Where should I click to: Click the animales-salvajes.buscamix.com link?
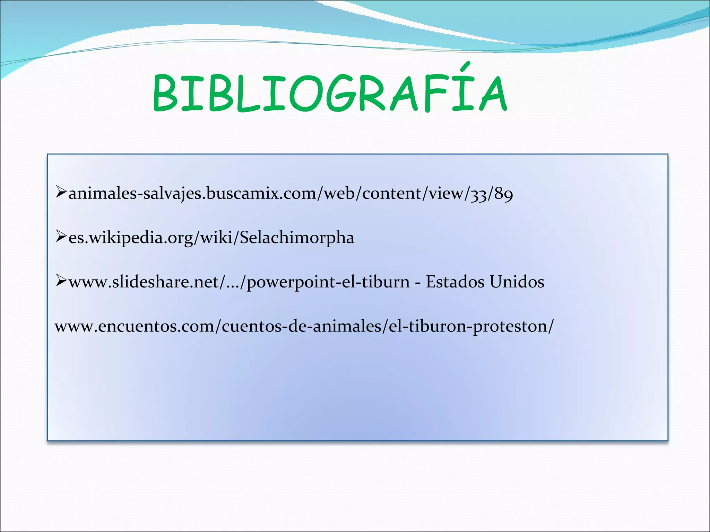tap(291, 193)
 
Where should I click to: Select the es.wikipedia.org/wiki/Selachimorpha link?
tap(211, 238)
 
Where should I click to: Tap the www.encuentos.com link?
tap(304, 326)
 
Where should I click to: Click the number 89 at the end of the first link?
tap(503, 193)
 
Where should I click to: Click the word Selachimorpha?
tap(297, 238)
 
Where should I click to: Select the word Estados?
tap(455, 282)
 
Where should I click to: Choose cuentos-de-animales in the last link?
tap(301, 326)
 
